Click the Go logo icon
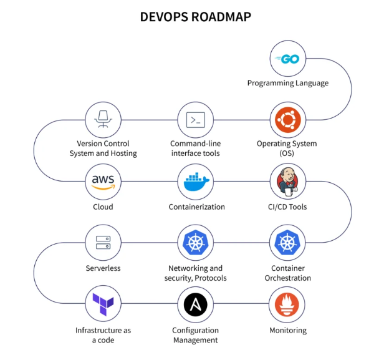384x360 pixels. pos(288,59)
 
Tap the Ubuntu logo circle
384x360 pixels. pos(288,119)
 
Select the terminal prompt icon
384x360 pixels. pos(195,119)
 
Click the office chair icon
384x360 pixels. pos(103,119)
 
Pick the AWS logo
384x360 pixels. pos(103,182)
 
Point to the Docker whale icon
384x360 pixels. pos(195,182)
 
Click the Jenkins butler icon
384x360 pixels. pos(288,182)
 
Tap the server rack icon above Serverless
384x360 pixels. pos(103,243)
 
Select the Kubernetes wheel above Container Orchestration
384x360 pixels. pos(288,243)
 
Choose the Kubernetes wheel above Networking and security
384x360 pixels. pos(195,243)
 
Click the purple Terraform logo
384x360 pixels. pos(103,304)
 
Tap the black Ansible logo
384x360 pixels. pos(195,304)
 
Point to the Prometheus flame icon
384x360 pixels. pos(288,304)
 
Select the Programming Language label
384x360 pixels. pos(288,83)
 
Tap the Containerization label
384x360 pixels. pos(196,207)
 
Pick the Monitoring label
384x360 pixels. pos(288,330)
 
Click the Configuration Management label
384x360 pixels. pos(195,335)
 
